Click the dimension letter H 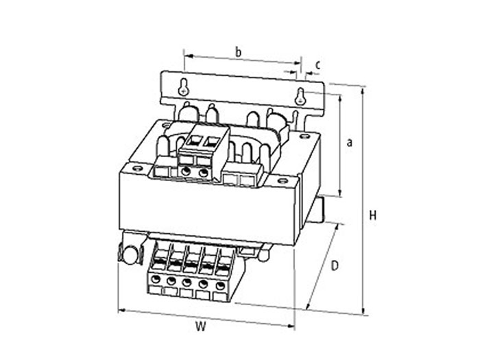373,215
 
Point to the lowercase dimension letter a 349,143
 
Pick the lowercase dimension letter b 238,51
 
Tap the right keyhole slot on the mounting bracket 300,97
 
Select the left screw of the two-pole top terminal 187,173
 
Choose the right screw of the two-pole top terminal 203,173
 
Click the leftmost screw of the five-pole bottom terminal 156,280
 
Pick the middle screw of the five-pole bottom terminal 187,283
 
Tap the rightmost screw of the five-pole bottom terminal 219,285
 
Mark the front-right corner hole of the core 282,182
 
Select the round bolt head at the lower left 128,254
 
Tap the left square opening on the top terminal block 194,141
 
